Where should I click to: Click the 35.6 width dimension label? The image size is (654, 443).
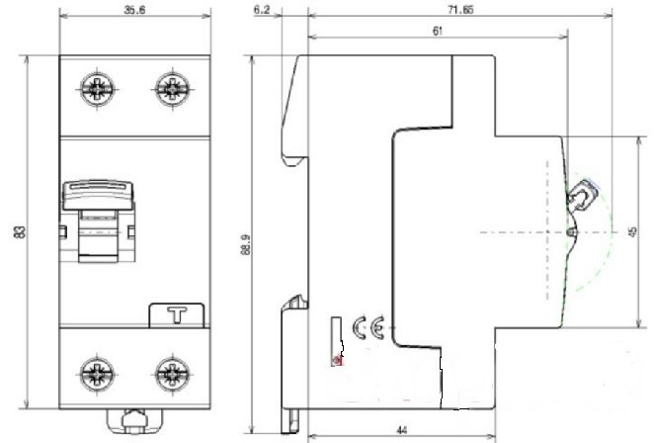point(134,10)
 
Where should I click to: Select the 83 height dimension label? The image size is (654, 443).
point(20,231)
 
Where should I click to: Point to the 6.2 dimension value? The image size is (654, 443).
point(262,10)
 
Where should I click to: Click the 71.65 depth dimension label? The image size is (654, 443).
point(460,9)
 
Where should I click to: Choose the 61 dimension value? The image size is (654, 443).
point(437,31)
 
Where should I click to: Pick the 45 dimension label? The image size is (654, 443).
point(632,231)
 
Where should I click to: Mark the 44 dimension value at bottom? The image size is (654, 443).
point(402,429)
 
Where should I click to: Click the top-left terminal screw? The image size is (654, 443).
point(98,89)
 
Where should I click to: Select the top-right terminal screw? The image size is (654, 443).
point(172,89)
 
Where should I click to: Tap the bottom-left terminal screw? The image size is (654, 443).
point(98,373)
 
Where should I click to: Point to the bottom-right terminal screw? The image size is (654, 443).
point(172,373)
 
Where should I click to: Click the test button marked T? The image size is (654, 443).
point(177,315)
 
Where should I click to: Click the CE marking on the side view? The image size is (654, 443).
point(368,327)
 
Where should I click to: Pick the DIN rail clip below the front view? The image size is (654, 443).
point(134,421)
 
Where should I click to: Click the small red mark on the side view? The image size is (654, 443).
point(338,360)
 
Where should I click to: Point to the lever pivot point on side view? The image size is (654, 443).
point(571,231)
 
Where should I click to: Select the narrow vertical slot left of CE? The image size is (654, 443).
point(337,341)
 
